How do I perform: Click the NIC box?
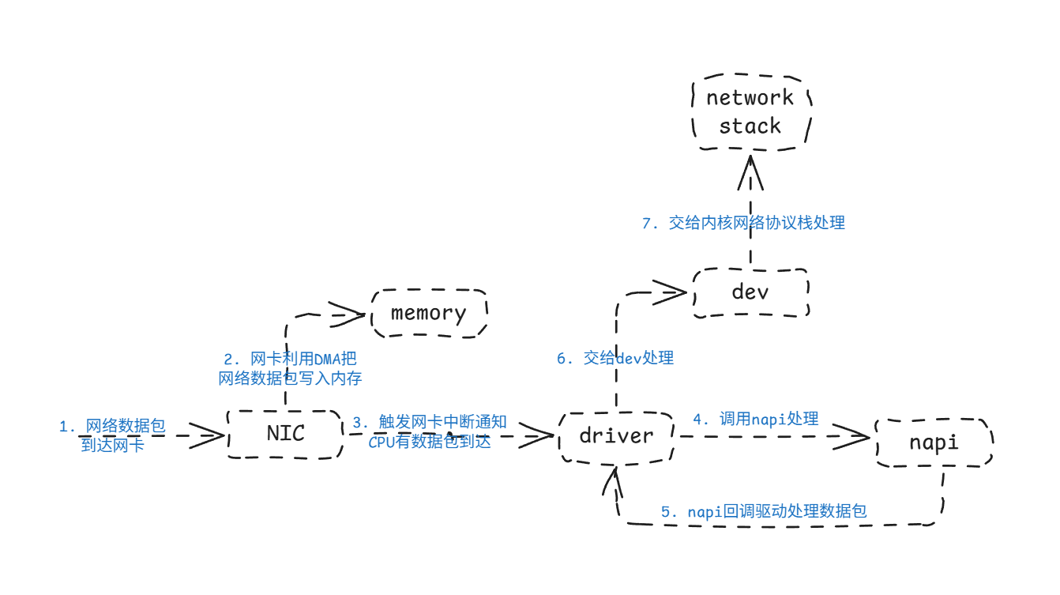[285, 434]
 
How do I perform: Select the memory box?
[428, 313]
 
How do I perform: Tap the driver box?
[616, 436]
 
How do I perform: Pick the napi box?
[934, 442]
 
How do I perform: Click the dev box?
[750, 292]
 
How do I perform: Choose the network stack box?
[750, 111]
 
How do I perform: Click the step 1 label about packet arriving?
[112, 435]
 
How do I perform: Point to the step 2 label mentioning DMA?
[290, 369]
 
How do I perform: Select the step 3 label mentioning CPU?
[430, 432]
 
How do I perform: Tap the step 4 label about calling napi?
[756, 420]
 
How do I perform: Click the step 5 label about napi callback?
[764, 512]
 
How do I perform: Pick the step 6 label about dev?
[615, 359]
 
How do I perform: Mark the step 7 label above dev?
[743, 224]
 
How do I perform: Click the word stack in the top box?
[750, 126]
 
